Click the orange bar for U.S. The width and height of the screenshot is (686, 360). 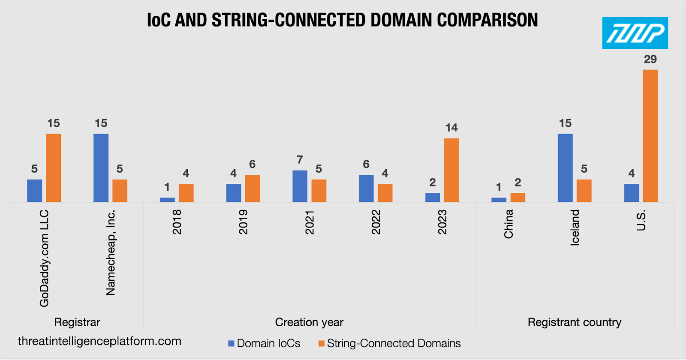click(x=650, y=136)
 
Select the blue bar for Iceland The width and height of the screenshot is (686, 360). click(x=566, y=168)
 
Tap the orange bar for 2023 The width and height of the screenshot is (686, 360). click(x=451, y=170)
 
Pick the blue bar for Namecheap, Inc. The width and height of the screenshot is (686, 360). click(x=101, y=168)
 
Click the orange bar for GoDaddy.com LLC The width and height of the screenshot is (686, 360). click(x=54, y=168)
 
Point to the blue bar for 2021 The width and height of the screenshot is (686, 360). click(x=300, y=186)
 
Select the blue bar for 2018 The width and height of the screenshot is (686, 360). click(x=167, y=200)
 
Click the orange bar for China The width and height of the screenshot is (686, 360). click(x=518, y=198)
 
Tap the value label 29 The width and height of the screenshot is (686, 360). click(x=650, y=59)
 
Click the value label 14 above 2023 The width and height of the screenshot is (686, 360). click(x=451, y=128)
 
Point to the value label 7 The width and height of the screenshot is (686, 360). click(x=300, y=160)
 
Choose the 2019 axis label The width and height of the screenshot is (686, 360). click(x=243, y=222)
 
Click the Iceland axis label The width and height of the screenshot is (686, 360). click(x=575, y=228)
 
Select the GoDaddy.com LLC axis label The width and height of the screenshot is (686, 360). click(x=44, y=258)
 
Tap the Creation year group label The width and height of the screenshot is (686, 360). click(x=309, y=322)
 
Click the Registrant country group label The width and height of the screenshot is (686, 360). click(x=575, y=322)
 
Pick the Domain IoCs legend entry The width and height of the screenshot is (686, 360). click(x=264, y=343)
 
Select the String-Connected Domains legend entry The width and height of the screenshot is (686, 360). click(x=390, y=343)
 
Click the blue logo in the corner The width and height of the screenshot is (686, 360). click(x=635, y=33)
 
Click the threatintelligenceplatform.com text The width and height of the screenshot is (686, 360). click(x=99, y=341)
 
